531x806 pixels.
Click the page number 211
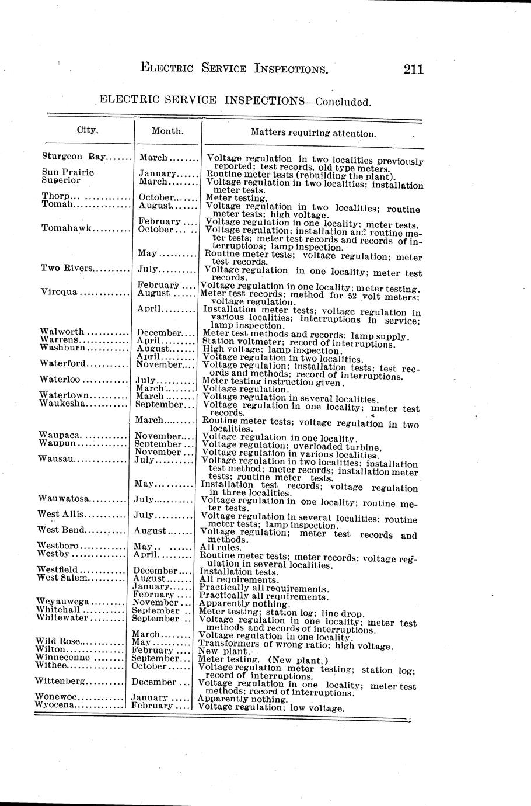(413, 69)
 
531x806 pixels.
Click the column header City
(88, 130)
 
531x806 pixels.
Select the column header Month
(167, 131)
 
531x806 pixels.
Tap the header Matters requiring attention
(313, 133)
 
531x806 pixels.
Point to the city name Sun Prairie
(68, 172)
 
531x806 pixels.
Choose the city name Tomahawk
(66, 228)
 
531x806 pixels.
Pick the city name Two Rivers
(67, 268)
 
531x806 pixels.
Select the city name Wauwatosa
(63, 498)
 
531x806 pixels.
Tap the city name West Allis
(61, 514)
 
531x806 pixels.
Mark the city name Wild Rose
(58, 641)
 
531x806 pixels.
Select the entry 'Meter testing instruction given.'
(273, 382)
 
